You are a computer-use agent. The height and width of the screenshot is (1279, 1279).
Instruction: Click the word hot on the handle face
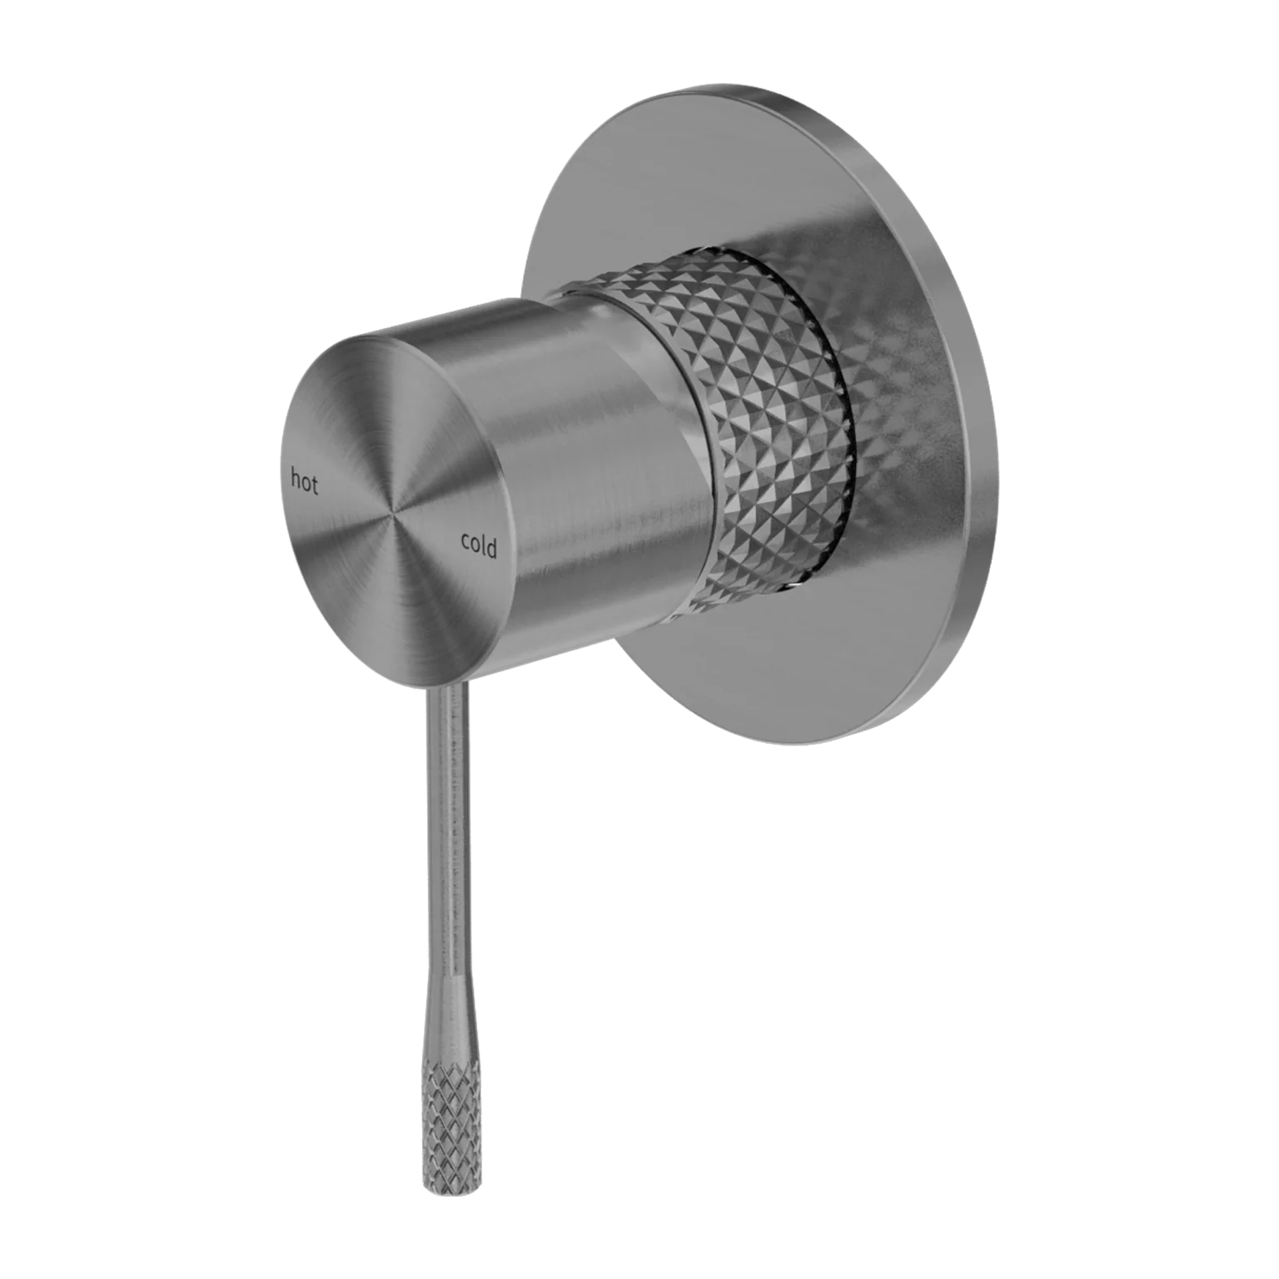click(304, 481)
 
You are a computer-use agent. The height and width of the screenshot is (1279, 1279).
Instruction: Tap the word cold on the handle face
click(479, 545)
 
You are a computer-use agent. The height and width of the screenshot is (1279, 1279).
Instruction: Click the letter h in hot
click(294, 479)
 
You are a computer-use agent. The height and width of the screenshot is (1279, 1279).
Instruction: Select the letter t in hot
click(315, 485)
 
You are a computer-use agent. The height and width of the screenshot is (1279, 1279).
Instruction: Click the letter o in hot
click(305, 483)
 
